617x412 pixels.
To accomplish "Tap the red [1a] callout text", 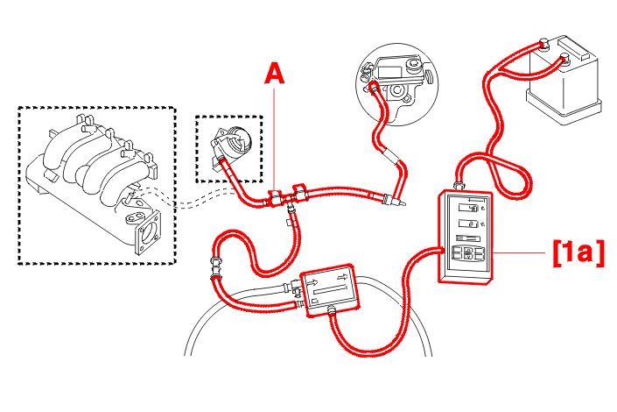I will pyautogui.click(x=577, y=253).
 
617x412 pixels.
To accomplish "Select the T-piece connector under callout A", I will pyautogui.click(x=279, y=199).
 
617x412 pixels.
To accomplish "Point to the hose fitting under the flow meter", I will pyautogui.click(x=332, y=310).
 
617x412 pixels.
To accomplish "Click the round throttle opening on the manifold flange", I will pyautogui.click(x=150, y=235).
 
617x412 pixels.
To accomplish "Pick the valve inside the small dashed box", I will pyautogui.click(x=230, y=142).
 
